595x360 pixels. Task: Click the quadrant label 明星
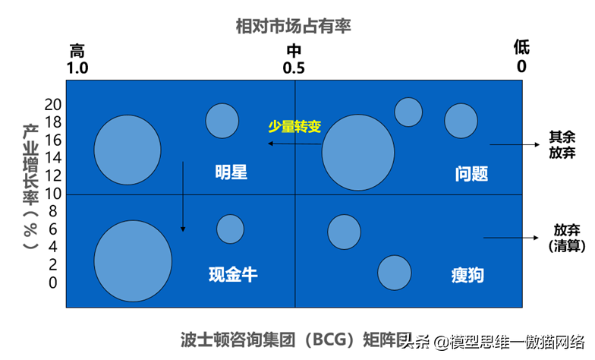click(x=231, y=172)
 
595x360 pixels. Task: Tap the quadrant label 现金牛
click(x=233, y=274)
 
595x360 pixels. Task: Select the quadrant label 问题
click(x=471, y=173)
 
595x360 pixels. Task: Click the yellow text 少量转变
click(x=294, y=126)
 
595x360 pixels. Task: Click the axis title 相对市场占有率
click(x=293, y=27)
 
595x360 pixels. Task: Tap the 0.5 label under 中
click(x=294, y=68)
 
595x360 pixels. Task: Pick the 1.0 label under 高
click(x=77, y=68)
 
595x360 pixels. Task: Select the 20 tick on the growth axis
click(x=52, y=104)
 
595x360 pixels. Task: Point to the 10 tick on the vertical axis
click(x=52, y=193)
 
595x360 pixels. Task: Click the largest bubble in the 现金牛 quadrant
click(x=133, y=260)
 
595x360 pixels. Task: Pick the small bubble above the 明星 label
click(x=222, y=120)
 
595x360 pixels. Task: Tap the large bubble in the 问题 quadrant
click(x=358, y=153)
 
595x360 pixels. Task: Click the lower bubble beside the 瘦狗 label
click(x=394, y=273)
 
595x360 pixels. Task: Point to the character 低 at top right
click(x=521, y=48)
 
